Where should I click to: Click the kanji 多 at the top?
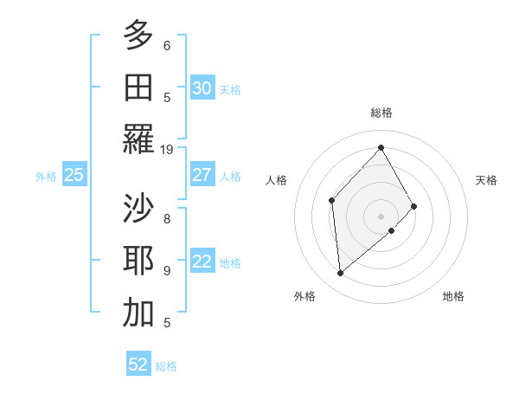tap(138, 36)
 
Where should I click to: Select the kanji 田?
tap(138, 87)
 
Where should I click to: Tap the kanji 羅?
tap(138, 139)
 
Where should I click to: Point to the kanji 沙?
tap(138, 209)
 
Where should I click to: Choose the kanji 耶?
tap(138, 261)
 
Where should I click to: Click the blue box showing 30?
tap(202, 88)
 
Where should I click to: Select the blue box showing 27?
tap(202, 175)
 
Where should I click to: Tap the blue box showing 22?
tap(202, 262)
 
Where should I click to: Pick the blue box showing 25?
tap(74, 175)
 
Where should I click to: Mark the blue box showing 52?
tap(138, 365)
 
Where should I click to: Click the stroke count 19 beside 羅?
tap(167, 149)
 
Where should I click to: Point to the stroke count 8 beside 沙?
tap(167, 218)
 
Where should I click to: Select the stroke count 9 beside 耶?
tap(167, 270)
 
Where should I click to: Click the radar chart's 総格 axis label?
tap(381, 113)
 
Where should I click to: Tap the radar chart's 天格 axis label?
tap(487, 180)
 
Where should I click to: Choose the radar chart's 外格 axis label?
tap(304, 296)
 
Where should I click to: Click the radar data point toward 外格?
tap(341, 274)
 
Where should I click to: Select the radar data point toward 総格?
tap(381, 147)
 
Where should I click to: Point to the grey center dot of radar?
tap(381, 216)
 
